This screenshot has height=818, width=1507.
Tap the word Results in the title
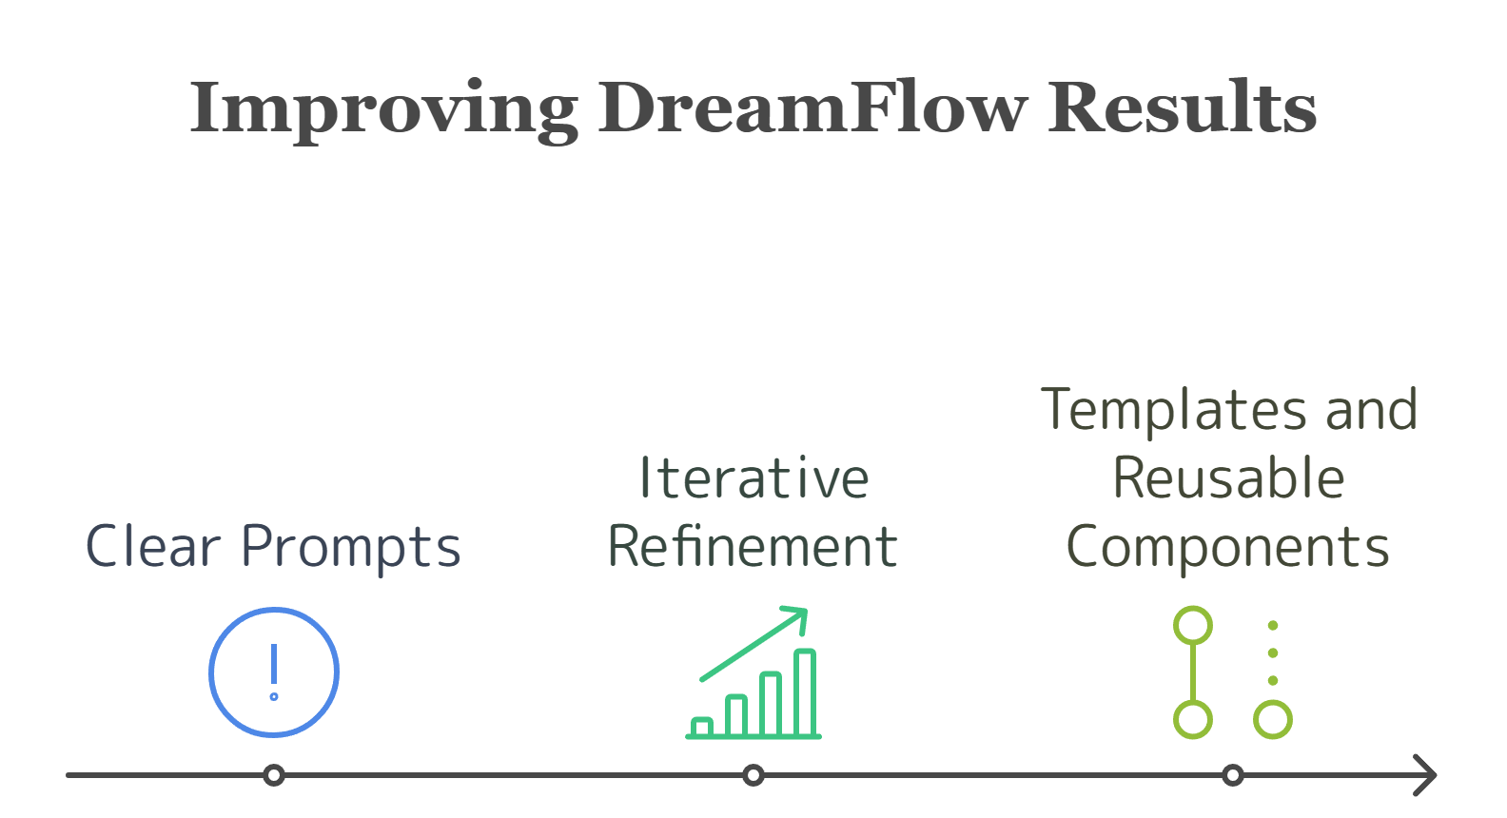pos(1182,107)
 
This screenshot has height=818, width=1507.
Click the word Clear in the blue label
pos(153,547)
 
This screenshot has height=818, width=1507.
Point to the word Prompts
pos(351,549)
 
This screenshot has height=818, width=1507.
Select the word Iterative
pos(753,477)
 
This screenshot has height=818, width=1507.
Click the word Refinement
pos(753,547)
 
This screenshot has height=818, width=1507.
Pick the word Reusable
pos(1228,477)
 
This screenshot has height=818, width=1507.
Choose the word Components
pos(1228,547)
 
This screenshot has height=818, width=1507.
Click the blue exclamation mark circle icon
pos(274,672)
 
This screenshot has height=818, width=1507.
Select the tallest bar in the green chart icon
pos(805,691)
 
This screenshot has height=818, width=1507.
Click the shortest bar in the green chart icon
pos(702,727)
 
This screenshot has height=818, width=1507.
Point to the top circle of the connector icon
pos(1193,626)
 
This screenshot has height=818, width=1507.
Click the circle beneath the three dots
pos(1272,720)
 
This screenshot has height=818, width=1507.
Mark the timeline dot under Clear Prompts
pos(274,775)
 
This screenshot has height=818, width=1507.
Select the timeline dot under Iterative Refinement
pos(753,775)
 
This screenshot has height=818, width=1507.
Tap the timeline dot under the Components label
pos(1232,775)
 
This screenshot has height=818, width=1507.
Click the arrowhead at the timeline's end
pos(1427,775)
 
